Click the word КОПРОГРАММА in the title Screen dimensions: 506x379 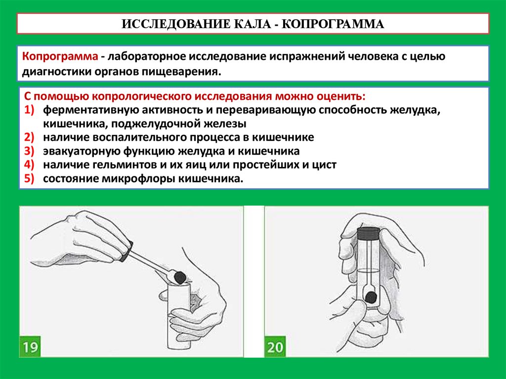(333, 24)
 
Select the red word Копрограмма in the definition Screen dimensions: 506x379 (60, 56)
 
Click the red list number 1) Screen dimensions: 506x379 (29, 110)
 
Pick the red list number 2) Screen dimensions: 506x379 (29, 137)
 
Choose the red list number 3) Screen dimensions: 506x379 (29, 151)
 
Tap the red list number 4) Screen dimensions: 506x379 (29, 165)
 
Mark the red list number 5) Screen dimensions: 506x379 (29, 178)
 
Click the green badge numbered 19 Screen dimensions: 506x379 (30, 347)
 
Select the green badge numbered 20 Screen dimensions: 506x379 (275, 347)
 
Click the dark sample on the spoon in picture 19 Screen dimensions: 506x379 (179, 277)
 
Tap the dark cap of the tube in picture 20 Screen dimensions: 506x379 (368, 233)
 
